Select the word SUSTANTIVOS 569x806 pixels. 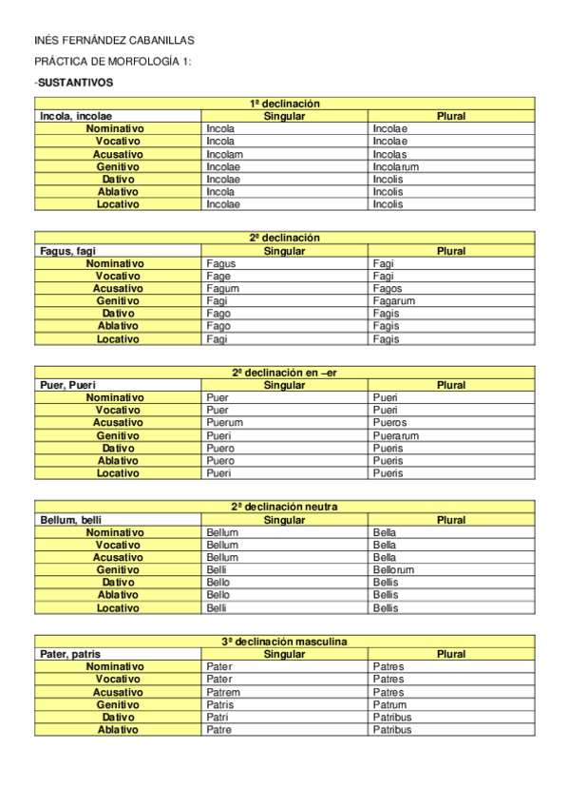pyautogui.click(x=75, y=83)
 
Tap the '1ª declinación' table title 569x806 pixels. pyautogui.click(x=284, y=104)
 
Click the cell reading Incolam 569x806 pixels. pyautogui.click(x=224, y=154)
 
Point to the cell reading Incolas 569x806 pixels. pyautogui.click(x=389, y=154)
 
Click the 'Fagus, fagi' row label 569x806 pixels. pyautogui.click(x=68, y=251)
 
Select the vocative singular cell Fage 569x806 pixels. pyautogui.click(x=219, y=276)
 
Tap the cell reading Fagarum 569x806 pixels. pyautogui.click(x=394, y=301)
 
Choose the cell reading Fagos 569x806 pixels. pyautogui.click(x=388, y=289)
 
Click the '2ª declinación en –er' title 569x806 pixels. pyautogui.click(x=284, y=373)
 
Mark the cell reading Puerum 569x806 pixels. pyautogui.click(x=224, y=423)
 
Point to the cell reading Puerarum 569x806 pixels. pyautogui.click(x=396, y=436)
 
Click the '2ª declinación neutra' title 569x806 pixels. pyautogui.click(x=284, y=507)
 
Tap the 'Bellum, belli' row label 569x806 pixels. pyautogui.click(x=71, y=520)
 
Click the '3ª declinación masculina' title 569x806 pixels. pyautogui.click(x=284, y=642)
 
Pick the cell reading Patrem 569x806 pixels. pyautogui.click(x=222, y=692)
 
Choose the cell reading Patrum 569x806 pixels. pyautogui.click(x=389, y=705)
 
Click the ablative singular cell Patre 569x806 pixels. pyautogui.click(x=218, y=730)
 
